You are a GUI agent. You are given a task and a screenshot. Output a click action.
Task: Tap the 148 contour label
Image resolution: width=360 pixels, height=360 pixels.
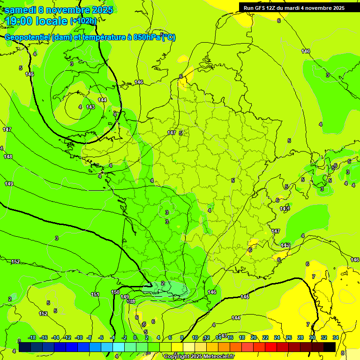tap(8, 157)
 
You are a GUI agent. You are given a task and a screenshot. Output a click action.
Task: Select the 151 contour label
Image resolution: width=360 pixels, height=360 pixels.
tap(95, 294)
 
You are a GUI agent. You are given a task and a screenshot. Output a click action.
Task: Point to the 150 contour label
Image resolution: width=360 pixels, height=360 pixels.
tap(115, 292)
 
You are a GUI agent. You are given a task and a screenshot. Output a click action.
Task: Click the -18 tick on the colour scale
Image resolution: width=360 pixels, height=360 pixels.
tap(32, 337)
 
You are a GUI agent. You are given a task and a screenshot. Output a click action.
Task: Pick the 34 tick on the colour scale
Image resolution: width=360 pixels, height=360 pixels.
tap(336, 337)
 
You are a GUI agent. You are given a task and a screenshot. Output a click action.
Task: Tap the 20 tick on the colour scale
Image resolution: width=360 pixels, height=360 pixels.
tap(254, 337)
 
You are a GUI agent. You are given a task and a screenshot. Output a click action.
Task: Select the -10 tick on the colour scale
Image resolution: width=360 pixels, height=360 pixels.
tap(79, 337)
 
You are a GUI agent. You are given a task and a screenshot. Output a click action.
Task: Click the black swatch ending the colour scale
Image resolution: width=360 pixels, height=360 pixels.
tap(330, 346)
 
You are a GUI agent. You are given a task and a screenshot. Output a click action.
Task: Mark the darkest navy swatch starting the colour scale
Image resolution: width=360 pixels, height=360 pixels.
tap(25, 346)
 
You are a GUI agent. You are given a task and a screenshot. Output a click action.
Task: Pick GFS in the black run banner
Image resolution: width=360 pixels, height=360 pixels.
tap(261, 7)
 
